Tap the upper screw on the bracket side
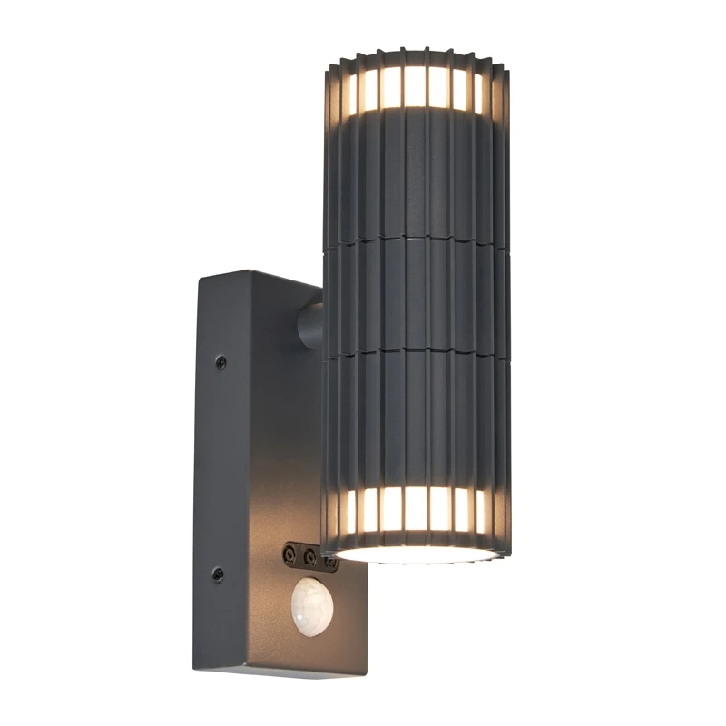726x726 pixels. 221,362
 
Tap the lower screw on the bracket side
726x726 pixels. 217,574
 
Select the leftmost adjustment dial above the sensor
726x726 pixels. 289,551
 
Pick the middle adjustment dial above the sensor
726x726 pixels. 309,553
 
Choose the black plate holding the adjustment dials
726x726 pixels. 309,554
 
